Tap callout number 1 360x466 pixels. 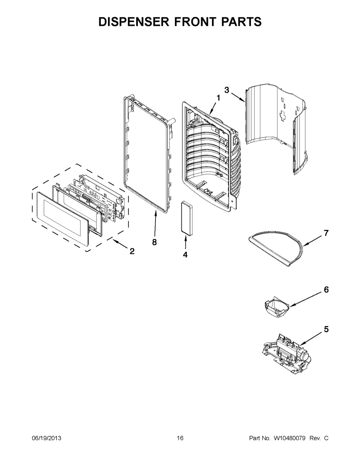[x=218, y=98]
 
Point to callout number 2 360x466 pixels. [x=132, y=251]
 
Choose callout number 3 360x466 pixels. [x=226, y=90]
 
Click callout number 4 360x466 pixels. [x=185, y=255]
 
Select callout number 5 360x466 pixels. [x=326, y=329]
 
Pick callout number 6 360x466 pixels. [x=326, y=290]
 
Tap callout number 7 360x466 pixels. [x=326, y=233]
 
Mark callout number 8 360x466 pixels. [x=154, y=242]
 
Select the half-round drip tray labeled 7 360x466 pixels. [x=277, y=248]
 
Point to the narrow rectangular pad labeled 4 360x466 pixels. [x=187, y=218]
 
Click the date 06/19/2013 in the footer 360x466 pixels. [x=46, y=438]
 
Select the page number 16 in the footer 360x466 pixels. [x=180, y=438]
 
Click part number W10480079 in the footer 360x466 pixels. [x=289, y=438]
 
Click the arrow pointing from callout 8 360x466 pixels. [x=155, y=223]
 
